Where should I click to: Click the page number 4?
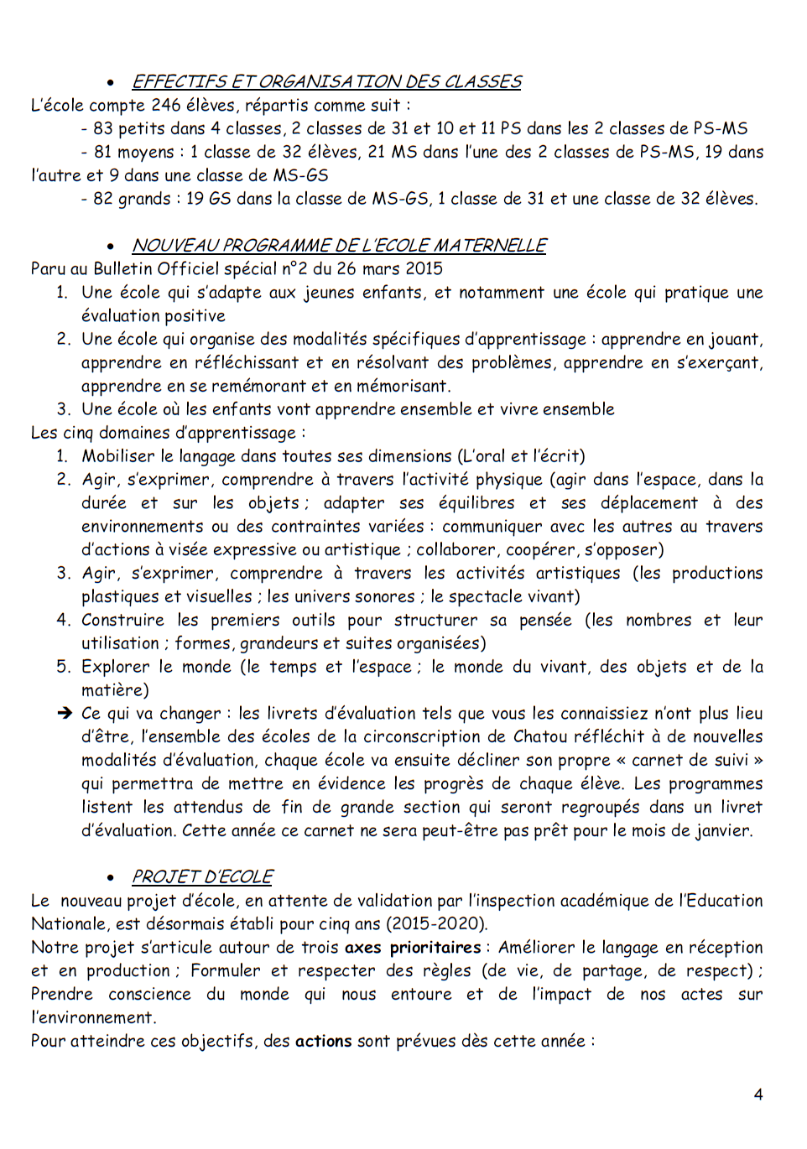coord(758,1094)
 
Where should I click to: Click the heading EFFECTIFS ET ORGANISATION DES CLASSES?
coord(326,81)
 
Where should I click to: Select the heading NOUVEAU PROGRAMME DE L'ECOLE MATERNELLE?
coord(339,245)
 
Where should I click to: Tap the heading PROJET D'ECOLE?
coord(202,876)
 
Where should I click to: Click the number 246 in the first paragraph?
coord(166,105)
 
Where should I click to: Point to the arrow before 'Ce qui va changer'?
coord(65,713)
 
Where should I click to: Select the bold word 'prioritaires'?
coord(435,947)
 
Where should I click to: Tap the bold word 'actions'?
coord(323,1041)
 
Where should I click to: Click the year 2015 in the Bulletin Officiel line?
coord(424,268)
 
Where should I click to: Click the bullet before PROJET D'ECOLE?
coord(110,877)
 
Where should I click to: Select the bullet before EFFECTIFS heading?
coord(110,82)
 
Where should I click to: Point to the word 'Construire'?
coord(122,620)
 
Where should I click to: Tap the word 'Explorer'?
coord(116,667)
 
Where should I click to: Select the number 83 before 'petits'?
coord(103,128)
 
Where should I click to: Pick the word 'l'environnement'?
coord(93,1017)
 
